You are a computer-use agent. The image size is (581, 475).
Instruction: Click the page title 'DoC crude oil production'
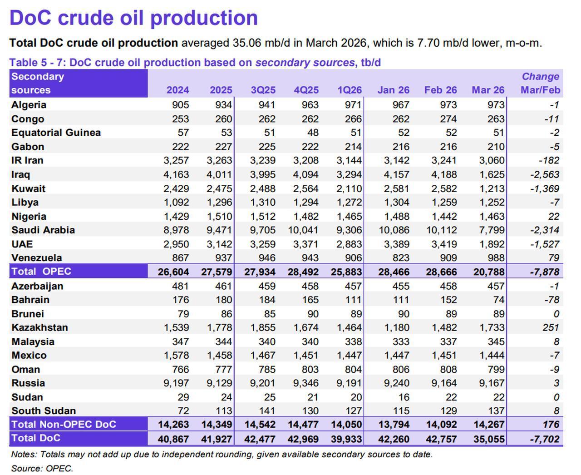(133, 18)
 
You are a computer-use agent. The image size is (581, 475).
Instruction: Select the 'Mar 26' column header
(488, 90)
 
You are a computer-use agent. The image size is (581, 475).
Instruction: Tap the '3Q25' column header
(263, 90)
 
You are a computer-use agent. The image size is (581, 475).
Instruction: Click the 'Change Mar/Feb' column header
(540, 83)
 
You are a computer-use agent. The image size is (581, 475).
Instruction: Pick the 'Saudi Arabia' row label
(43, 230)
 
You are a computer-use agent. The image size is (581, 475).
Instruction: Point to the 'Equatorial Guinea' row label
(56, 133)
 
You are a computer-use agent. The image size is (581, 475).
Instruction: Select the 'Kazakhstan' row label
(39, 327)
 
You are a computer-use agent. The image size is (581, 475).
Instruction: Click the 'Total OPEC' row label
(41, 272)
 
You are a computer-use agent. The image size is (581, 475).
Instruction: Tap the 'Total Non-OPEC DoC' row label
(64, 424)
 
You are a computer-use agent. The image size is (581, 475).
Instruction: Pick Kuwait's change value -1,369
(544, 188)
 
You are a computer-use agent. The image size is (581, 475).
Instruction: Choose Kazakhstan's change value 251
(551, 327)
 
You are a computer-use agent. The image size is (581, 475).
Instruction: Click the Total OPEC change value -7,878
(544, 272)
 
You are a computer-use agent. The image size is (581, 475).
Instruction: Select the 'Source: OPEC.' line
(42, 468)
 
